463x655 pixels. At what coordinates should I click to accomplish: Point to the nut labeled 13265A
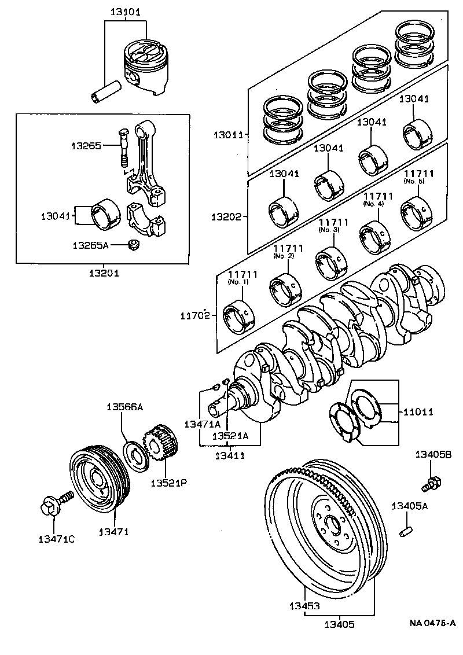tap(133, 245)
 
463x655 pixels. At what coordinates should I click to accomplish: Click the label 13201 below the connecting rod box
tap(104, 273)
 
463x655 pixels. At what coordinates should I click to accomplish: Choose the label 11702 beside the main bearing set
tap(195, 316)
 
